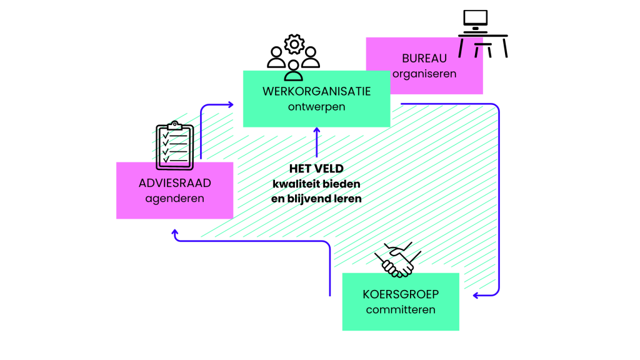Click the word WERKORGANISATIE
(x=316, y=92)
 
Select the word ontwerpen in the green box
(x=316, y=107)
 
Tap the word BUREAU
(x=424, y=59)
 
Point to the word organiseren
(x=424, y=74)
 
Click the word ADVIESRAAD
(x=174, y=184)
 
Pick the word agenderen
(x=174, y=199)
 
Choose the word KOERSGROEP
(x=401, y=295)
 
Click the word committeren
(x=401, y=309)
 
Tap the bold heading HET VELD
(x=316, y=169)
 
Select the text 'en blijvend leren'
(x=316, y=199)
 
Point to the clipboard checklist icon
(x=174, y=146)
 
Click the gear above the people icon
(x=294, y=44)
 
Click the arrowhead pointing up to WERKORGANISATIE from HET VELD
(x=317, y=130)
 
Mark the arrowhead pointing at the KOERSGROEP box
(x=476, y=295)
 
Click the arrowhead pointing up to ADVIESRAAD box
(x=175, y=232)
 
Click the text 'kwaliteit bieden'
(x=316, y=184)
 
